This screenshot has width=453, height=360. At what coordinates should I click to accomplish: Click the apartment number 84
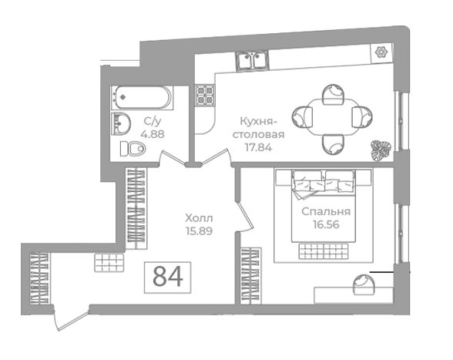point(168,277)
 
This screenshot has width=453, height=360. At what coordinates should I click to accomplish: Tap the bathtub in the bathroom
point(142,97)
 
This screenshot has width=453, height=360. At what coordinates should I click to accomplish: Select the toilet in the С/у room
point(133,149)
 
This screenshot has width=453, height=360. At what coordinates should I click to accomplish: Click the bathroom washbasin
point(121,124)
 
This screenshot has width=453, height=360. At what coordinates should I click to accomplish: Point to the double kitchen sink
point(252,60)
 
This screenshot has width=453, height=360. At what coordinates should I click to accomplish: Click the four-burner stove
point(205,95)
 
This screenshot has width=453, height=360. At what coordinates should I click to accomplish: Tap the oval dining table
point(332,117)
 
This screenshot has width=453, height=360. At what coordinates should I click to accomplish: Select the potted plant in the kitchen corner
point(381,150)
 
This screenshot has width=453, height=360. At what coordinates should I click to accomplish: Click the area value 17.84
point(259,147)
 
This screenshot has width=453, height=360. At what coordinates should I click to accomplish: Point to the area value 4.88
point(153,134)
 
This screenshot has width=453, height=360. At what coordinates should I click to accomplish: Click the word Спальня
point(326,212)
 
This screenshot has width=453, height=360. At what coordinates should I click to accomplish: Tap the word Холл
point(199,217)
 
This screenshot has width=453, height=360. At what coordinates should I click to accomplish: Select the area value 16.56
point(326,224)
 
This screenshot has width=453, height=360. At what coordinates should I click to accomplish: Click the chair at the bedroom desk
point(364,284)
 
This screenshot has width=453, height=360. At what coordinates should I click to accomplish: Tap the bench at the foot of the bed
point(324,251)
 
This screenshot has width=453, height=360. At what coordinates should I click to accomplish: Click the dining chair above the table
point(334,94)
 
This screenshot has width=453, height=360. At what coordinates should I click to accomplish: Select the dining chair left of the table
point(303,117)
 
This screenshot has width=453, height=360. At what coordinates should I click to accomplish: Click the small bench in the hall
point(109,263)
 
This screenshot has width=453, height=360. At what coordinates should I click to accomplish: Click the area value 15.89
point(200,231)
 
